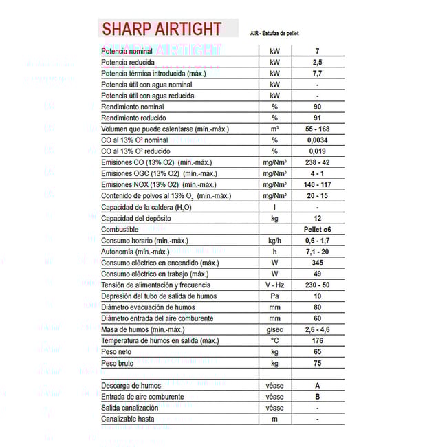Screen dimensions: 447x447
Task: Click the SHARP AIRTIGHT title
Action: (162, 29)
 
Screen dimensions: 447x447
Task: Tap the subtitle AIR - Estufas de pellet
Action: (274, 33)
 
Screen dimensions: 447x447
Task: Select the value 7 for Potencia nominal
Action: (317, 52)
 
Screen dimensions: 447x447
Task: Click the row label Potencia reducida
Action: (129, 63)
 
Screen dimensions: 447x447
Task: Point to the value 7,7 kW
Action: (317, 74)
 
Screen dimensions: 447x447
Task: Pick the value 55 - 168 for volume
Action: (317, 129)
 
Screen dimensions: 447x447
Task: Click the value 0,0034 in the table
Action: (317, 140)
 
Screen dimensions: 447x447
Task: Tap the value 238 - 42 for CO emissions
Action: (317, 162)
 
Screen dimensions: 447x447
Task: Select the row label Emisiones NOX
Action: (140, 185)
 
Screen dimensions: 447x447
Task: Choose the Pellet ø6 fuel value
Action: (317, 229)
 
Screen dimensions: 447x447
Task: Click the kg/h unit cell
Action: (274, 241)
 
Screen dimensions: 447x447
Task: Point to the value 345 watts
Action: (317, 263)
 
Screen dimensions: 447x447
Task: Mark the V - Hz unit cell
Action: (274, 285)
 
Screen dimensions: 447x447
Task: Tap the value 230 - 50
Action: (317, 285)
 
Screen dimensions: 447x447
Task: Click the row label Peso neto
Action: (116, 351)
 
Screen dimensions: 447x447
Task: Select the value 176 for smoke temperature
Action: (317, 340)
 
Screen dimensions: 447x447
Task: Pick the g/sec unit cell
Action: (274, 329)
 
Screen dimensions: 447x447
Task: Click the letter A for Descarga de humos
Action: (317, 386)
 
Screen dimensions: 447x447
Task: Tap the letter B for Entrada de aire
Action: (317, 397)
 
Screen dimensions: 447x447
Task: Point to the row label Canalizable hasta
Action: (128, 419)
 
